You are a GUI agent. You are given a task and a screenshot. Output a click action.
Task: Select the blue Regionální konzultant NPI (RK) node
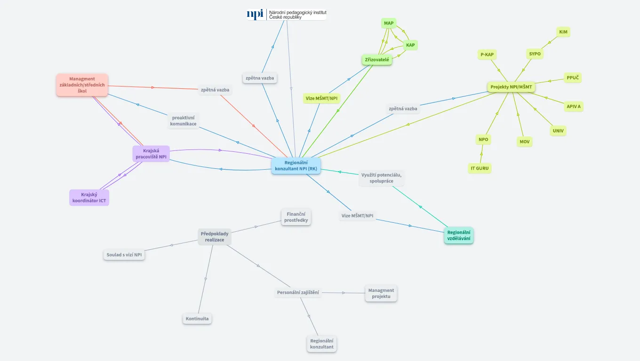click(x=296, y=165)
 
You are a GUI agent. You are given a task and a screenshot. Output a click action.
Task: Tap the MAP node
click(x=389, y=23)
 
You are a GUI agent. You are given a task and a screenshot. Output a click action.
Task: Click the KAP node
click(x=410, y=45)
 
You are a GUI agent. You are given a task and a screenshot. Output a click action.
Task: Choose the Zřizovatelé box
click(x=377, y=60)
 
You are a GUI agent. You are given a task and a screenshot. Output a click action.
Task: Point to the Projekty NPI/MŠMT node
click(x=511, y=87)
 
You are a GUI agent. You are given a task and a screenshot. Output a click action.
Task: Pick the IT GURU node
click(x=480, y=168)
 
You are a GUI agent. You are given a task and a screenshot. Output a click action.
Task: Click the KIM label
click(x=563, y=32)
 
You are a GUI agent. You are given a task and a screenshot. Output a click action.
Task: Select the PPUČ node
click(x=573, y=78)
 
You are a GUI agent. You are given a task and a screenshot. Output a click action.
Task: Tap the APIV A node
click(x=574, y=107)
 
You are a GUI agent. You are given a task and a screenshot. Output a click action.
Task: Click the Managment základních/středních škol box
click(x=82, y=85)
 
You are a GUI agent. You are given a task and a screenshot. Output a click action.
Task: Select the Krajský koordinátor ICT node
click(x=89, y=197)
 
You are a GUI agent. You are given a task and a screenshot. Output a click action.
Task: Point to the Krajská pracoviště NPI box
click(x=151, y=154)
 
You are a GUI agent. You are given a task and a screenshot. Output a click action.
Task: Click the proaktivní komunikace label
click(x=184, y=120)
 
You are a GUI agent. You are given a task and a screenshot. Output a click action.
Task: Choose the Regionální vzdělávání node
click(x=459, y=235)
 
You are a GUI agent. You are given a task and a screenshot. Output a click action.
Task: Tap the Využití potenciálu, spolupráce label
click(x=381, y=178)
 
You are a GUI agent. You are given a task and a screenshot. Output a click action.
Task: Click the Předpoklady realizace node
click(x=215, y=236)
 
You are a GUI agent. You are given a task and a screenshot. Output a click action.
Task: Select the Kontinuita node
click(x=197, y=319)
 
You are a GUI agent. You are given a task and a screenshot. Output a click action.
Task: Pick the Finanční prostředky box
click(x=296, y=217)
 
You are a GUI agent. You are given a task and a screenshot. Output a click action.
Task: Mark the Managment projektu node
click(x=381, y=293)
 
